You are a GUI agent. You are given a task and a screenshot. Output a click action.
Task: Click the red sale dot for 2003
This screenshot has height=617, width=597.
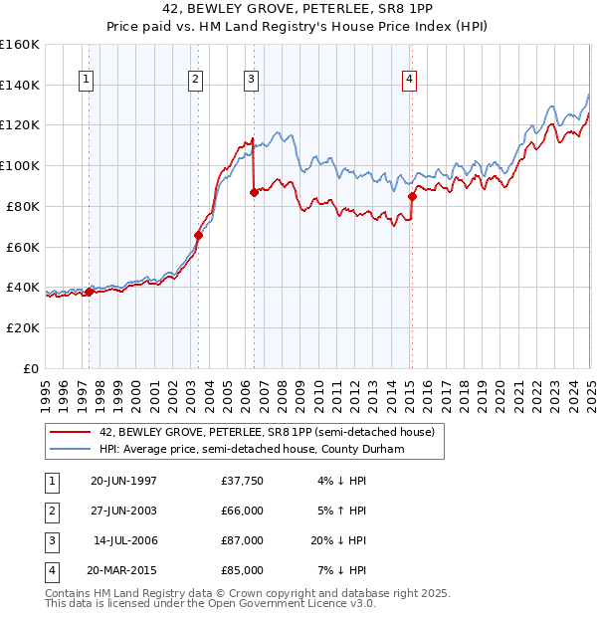[198, 236]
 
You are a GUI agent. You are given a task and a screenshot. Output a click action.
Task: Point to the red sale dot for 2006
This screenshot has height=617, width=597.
[254, 193]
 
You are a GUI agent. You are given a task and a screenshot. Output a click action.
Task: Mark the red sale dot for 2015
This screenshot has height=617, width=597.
[412, 197]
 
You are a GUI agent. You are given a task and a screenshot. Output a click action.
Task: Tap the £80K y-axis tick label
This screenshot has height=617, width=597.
[22, 206]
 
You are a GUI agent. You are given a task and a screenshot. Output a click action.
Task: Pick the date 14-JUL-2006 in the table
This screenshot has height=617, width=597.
[125, 540]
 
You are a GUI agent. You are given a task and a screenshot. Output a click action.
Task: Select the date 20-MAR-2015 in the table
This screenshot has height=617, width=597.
[123, 570]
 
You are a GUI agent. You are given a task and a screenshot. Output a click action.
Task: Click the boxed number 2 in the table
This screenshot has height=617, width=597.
[49, 511]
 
